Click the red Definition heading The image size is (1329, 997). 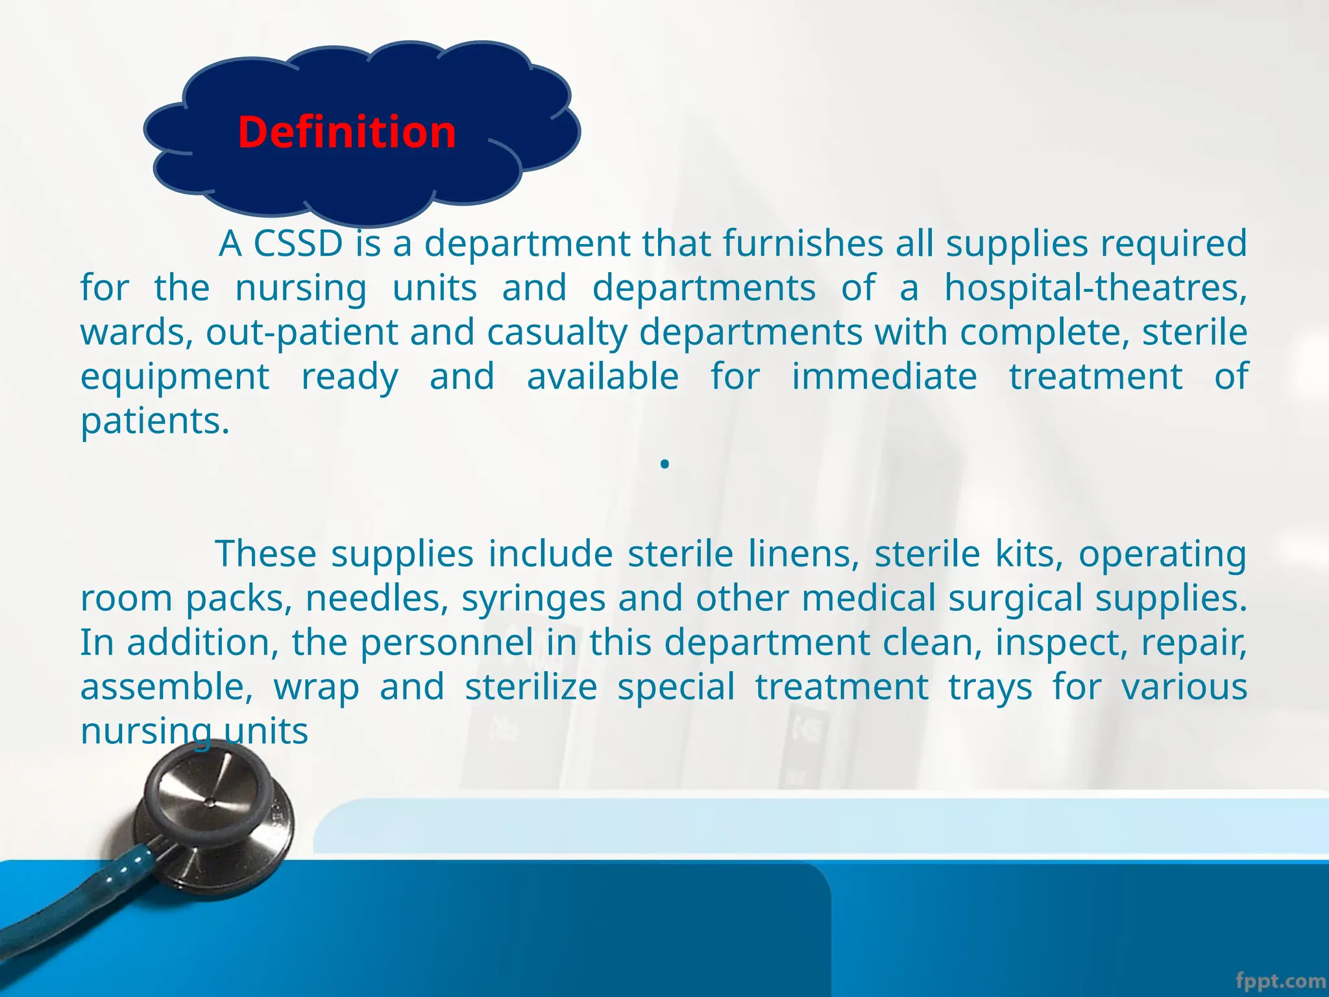(x=347, y=132)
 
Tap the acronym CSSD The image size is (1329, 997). (x=298, y=243)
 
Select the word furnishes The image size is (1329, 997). (x=803, y=243)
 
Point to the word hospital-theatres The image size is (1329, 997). (x=1095, y=288)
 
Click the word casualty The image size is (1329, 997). (x=557, y=332)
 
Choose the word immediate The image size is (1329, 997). (x=884, y=376)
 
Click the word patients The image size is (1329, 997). (x=154, y=422)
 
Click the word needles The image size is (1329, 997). (x=377, y=598)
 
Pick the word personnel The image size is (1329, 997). (x=446, y=643)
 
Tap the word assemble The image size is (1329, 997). (x=166, y=687)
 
